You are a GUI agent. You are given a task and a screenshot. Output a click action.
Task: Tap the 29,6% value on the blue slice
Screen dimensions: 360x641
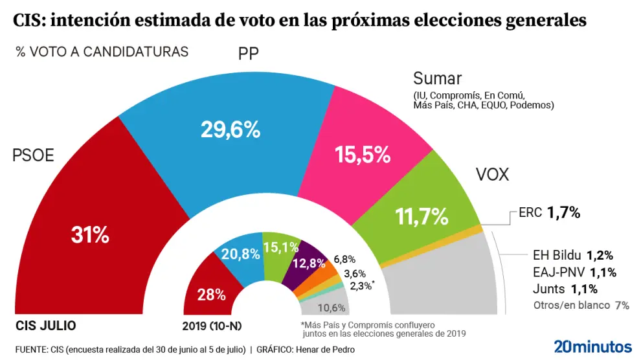pyautogui.click(x=231, y=130)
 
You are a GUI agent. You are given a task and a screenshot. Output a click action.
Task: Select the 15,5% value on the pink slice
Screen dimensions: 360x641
pyautogui.click(x=362, y=155)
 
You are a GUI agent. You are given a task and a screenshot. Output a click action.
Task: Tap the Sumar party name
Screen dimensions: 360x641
pyautogui.click(x=437, y=79)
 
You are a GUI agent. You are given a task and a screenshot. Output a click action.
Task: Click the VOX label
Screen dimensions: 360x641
pyautogui.click(x=492, y=175)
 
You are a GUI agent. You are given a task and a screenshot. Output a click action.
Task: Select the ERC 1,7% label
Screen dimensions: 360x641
pyautogui.click(x=549, y=212)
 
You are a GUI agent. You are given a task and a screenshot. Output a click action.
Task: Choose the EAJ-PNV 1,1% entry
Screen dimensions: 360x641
pyautogui.click(x=574, y=272)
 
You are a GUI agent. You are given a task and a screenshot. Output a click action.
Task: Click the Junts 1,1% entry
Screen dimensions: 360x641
pyautogui.click(x=565, y=289)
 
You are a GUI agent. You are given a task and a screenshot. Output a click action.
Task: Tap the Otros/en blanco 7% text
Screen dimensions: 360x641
pyautogui.click(x=581, y=305)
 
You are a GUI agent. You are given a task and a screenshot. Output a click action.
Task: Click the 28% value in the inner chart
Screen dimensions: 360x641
pyautogui.click(x=212, y=295)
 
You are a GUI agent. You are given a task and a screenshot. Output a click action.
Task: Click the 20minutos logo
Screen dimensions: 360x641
pyautogui.click(x=592, y=346)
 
